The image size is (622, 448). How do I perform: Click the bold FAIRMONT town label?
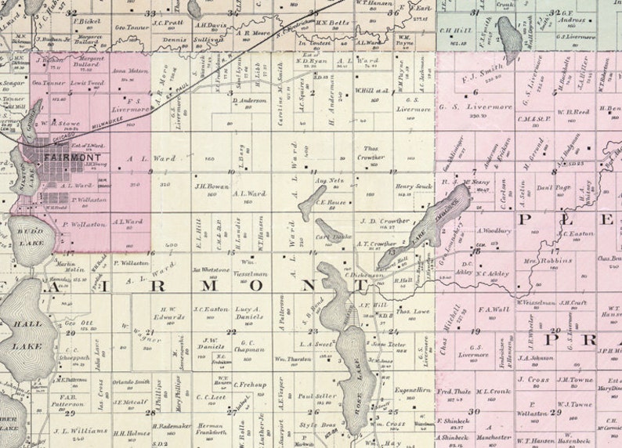72,157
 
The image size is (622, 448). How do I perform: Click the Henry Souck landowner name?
414,186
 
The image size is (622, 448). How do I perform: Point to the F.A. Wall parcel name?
494,309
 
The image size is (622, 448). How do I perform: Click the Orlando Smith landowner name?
131,381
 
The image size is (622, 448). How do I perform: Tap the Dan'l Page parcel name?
554,187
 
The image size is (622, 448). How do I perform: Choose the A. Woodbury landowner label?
494,231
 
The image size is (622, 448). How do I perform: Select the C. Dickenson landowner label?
366,274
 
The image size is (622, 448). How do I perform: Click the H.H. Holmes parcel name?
131,432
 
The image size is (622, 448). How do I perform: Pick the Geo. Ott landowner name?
74,323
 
